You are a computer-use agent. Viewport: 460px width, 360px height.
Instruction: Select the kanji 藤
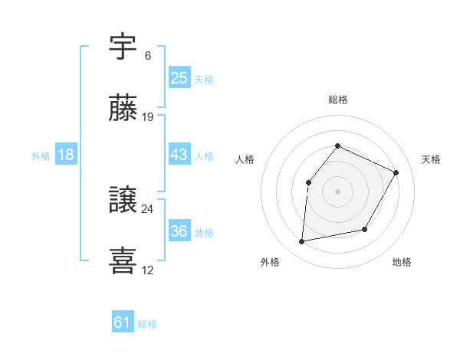(x=123, y=109)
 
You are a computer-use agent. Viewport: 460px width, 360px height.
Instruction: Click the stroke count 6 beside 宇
(x=148, y=56)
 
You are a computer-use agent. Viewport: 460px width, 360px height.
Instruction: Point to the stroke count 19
(x=148, y=117)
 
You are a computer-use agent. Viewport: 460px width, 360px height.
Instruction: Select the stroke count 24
(x=148, y=208)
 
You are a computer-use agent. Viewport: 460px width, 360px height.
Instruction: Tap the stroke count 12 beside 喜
(x=148, y=270)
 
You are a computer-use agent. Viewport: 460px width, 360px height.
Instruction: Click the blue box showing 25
(x=179, y=78)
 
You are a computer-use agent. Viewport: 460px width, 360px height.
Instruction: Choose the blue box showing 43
(x=179, y=155)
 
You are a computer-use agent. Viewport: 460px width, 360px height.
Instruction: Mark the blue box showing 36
(x=179, y=231)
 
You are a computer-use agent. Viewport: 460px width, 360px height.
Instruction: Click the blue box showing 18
(x=66, y=155)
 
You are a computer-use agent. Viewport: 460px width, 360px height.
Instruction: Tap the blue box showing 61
(x=123, y=323)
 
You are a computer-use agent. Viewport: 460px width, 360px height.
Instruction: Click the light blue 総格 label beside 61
(x=147, y=324)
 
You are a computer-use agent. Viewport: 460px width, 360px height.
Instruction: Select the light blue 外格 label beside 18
(x=41, y=155)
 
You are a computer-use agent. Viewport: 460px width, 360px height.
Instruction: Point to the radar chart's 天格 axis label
(x=431, y=159)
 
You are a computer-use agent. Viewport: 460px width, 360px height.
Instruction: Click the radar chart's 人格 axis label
(x=245, y=159)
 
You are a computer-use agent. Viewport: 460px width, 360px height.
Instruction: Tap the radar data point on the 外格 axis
(x=302, y=242)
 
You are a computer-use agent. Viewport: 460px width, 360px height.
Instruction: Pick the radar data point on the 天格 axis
(x=396, y=172)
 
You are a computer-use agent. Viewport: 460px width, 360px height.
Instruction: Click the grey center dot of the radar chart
(x=337, y=190)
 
